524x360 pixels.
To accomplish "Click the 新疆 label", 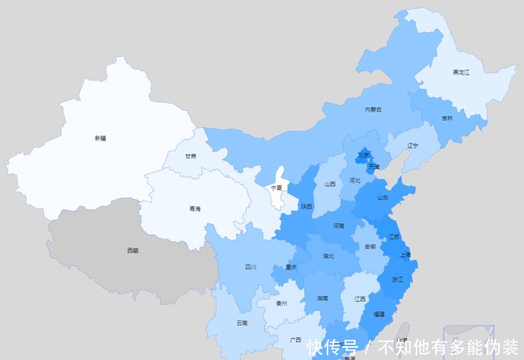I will (100, 138).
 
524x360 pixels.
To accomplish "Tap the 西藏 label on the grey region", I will (133, 251).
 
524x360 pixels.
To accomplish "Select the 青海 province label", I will (194, 209).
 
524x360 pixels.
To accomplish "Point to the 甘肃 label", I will (190, 156).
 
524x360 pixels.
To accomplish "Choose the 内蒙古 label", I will (373, 109).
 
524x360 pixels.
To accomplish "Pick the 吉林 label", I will (447, 118).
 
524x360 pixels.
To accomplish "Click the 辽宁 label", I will (413, 146).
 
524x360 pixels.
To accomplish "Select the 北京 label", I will (365, 155).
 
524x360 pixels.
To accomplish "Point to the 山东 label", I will (382, 197).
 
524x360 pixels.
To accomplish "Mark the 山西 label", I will (329, 184).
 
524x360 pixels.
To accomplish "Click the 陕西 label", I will (306, 206).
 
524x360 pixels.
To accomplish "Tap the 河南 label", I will (339, 226).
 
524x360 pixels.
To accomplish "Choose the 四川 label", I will (251, 266).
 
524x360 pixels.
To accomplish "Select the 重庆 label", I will (291, 267).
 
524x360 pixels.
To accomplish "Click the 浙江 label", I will (397, 279).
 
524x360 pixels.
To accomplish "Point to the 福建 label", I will (379, 313).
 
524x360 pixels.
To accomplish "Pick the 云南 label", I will (242, 323).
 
